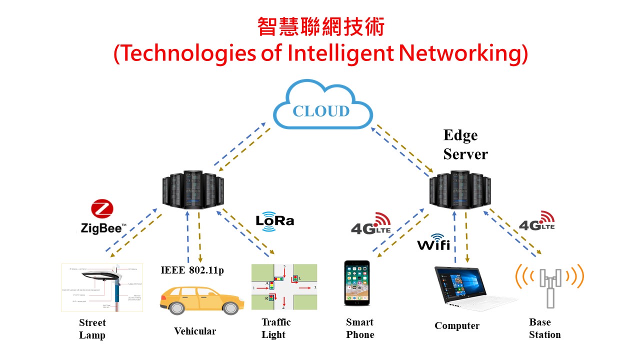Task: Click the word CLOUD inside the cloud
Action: (321, 110)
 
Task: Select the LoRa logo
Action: (274, 220)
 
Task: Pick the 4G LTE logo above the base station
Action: (537, 221)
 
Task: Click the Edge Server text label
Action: (465, 144)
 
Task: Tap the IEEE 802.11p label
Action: (192, 270)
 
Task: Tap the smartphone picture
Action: (357, 283)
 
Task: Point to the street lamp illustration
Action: (102, 287)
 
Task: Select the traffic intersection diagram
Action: (283, 287)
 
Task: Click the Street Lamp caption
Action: (92, 328)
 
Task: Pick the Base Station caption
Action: (544, 328)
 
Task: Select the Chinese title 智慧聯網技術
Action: (320, 27)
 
